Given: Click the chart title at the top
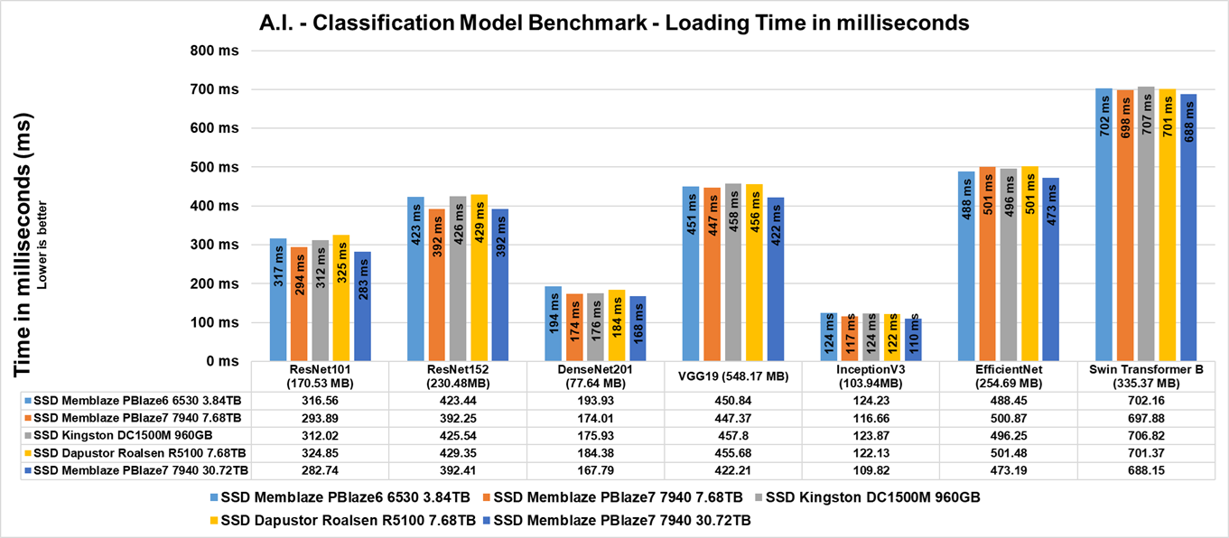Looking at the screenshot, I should coord(614,23).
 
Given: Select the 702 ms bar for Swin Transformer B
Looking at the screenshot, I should coord(1103,226).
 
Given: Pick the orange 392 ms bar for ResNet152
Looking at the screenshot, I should coord(436,285).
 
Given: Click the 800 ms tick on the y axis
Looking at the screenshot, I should coord(215,51).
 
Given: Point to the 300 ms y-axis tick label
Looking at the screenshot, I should coord(215,245).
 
